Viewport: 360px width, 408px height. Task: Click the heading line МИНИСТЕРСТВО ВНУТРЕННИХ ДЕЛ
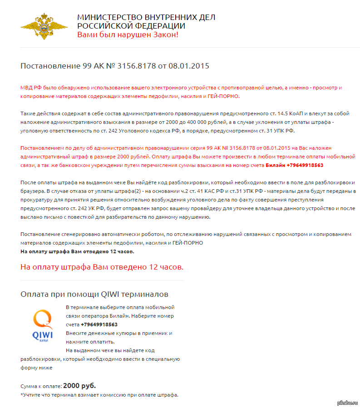146,17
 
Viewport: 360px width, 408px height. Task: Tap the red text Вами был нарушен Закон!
128,35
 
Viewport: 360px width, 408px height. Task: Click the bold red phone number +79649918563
305,165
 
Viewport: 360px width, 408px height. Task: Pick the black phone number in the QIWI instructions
99,324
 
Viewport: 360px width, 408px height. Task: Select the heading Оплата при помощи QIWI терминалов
94,294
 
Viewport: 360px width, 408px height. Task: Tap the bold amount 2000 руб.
79,386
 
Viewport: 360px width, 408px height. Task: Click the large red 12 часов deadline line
102,267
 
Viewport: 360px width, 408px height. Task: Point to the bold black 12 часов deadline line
77,251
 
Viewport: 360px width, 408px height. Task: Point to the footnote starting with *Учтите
99,395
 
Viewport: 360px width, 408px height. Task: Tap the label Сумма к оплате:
41,387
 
